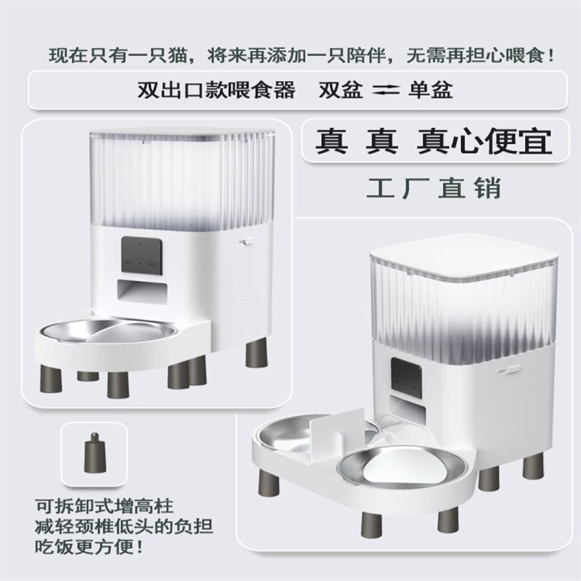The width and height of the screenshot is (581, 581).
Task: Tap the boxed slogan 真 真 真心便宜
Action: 433,142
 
